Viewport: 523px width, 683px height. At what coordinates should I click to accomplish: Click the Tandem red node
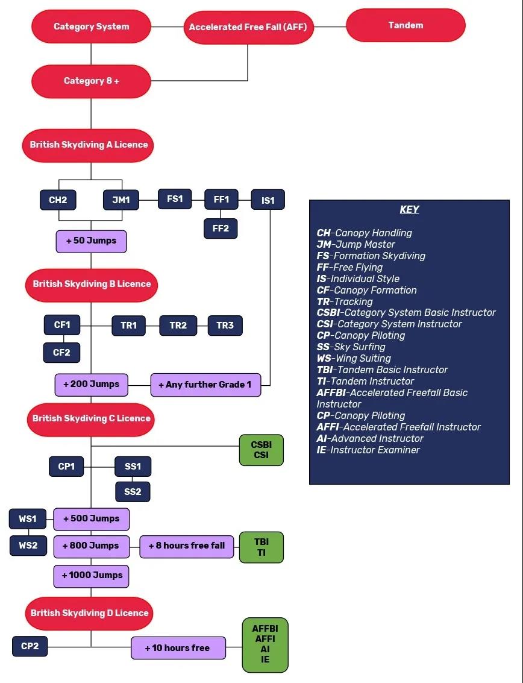pyautogui.click(x=406, y=25)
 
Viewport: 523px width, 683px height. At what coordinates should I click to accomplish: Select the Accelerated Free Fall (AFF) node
pyautogui.click(x=248, y=27)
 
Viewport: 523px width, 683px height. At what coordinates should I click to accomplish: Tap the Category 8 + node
pyautogui.click(x=91, y=81)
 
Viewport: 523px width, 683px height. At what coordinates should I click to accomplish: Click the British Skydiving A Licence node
pyautogui.click(x=89, y=145)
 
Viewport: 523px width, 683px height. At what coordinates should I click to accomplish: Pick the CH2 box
pyautogui.click(x=58, y=200)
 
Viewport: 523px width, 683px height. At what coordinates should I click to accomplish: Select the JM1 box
pyautogui.click(x=121, y=200)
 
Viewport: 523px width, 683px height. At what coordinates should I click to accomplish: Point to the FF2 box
pyautogui.click(x=221, y=228)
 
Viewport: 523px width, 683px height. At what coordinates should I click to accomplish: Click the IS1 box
pyautogui.click(x=268, y=200)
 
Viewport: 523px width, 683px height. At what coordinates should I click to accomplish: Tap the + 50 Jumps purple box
pyautogui.click(x=91, y=241)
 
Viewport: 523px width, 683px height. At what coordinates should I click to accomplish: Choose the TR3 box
pyautogui.click(x=225, y=326)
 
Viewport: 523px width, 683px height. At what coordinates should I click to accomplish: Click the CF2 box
pyautogui.click(x=61, y=353)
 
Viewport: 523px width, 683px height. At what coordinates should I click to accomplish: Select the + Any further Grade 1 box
pyautogui.click(x=205, y=385)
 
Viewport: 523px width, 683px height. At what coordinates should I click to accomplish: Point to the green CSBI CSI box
pyautogui.click(x=261, y=450)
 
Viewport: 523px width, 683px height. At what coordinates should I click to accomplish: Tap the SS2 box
pyautogui.click(x=133, y=492)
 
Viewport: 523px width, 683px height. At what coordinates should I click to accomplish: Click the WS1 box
pyautogui.click(x=28, y=519)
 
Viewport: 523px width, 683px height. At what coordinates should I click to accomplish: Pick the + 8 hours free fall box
pyautogui.click(x=186, y=546)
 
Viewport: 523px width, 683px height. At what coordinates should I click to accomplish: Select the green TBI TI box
pyautogui.click(x=261, y=547)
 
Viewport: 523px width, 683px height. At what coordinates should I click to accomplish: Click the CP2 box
pyautogui.click(x=30, y=646)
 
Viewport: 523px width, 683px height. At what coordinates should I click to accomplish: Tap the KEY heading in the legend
pyautogui.click(x=409, y=210)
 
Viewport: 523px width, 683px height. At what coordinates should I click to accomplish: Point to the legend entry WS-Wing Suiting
pyautogui.click(x=354, y=359)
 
